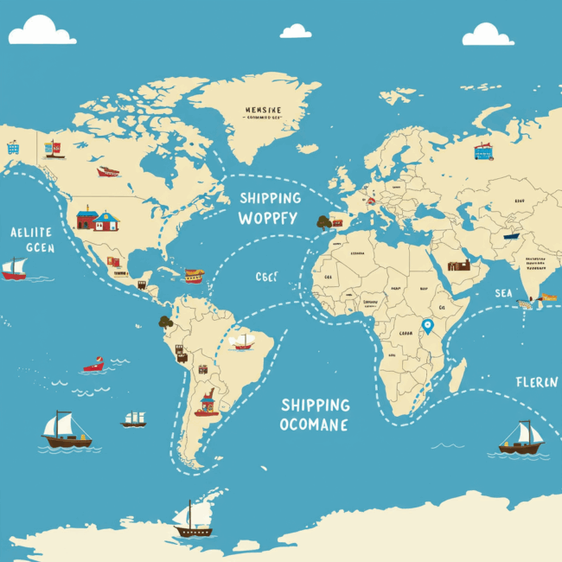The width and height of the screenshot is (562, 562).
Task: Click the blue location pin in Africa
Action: click(x=426, y=326)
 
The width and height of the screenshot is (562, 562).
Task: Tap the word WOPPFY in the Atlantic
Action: click(x=269, y=217)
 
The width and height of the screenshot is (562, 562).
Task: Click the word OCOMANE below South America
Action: click(x=315, y=425)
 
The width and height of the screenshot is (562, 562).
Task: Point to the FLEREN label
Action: click(x=537, y=382)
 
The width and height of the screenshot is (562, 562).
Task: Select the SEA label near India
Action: click(x=504, y=293)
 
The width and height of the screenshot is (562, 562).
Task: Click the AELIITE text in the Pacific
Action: click(x=31, y=232)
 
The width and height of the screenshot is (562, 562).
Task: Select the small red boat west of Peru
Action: click(x=93, y=365)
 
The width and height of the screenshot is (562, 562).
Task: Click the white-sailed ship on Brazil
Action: click(x=243, y=342)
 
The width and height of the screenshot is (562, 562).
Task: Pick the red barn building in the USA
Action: click(x=87, y=218)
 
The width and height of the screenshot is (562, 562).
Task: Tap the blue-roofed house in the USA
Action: click(x=107, y=220)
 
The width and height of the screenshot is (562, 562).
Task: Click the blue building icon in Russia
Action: click(x=482, y=152)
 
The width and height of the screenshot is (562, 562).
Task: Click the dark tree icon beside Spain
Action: click(x=324, y=222)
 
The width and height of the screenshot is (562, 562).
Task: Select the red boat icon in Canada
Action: click(x=108, y=171)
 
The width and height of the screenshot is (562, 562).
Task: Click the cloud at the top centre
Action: click(x=296, y=31)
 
